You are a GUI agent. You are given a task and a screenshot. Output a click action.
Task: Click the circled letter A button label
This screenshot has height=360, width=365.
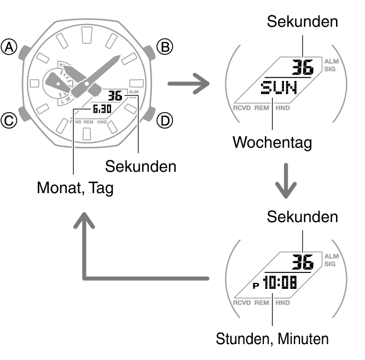(x=9, y=47)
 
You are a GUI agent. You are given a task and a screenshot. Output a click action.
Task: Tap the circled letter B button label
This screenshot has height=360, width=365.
(x=165, y=47)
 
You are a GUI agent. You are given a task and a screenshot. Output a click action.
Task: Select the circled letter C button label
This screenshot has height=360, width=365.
(x=9, y=121)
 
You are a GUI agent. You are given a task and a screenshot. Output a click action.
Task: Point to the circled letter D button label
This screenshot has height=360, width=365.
(x=165, y=121)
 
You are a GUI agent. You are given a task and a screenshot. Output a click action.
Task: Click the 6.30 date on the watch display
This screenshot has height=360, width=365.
(x=102, y=109)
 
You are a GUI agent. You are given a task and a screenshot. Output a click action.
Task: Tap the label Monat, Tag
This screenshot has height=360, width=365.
(x=75, y=188)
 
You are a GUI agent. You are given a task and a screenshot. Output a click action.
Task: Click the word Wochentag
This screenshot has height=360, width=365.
(x=272, y=142)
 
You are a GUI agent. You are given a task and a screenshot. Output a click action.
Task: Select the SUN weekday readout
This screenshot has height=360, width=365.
(x=279, y=88)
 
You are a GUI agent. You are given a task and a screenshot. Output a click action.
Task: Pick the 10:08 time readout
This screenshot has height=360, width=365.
(x=280, y=282)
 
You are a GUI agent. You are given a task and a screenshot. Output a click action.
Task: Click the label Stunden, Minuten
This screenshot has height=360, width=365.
(x=272, y=339)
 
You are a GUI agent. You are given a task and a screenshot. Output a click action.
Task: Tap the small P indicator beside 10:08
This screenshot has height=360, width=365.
(x=256, y=286)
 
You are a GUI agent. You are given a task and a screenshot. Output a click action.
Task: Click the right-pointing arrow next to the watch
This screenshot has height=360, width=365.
(x=189, y=84)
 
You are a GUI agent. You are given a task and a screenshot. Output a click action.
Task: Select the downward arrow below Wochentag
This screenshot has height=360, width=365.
(x=286, y=181)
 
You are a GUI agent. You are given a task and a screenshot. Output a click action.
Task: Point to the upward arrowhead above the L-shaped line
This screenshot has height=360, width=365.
(x=84, y=220)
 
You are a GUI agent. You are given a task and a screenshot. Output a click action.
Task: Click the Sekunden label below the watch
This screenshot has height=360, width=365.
(x=141, y=166)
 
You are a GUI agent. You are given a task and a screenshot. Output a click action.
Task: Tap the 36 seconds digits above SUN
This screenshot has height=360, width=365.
(x=303, y=67)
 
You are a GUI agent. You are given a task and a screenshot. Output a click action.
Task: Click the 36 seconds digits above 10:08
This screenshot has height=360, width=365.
(x=303, y=262)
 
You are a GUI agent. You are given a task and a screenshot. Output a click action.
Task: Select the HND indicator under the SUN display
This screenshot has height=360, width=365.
(x=282, y=108)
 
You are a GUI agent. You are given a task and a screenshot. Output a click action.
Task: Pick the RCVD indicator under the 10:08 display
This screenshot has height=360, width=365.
(x=242, y=303)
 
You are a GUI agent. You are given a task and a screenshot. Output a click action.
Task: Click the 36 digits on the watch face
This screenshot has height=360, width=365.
(x=115, y=96)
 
